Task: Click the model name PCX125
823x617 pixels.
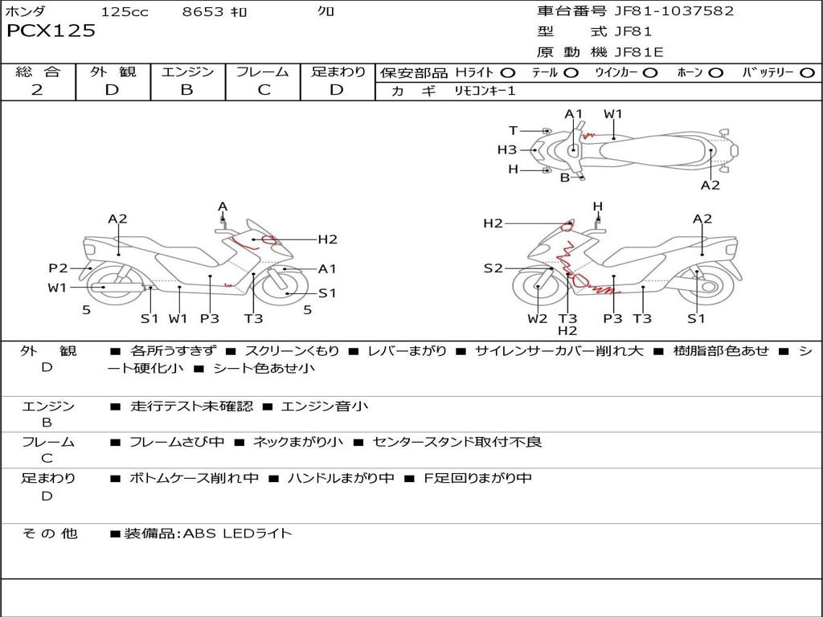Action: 51,31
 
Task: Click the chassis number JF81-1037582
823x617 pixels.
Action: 674,11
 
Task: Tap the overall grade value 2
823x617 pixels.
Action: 37,90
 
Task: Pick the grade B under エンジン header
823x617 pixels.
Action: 186,90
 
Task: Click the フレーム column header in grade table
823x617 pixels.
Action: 263,72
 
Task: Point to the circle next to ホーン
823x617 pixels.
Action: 714,73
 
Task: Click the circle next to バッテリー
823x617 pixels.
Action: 807,73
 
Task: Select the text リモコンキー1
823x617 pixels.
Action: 485,91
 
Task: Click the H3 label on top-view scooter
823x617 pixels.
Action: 507,150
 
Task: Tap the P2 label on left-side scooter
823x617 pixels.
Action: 58,268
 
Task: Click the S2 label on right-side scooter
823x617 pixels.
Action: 493,268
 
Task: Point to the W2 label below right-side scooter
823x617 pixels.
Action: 538,318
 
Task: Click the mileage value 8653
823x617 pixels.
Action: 203,11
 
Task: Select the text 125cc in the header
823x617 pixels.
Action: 125,11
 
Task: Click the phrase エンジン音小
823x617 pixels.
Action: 325,406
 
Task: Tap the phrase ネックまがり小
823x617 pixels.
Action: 298,442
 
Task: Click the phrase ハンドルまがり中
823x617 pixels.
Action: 341,478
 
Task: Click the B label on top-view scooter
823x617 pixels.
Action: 565,178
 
